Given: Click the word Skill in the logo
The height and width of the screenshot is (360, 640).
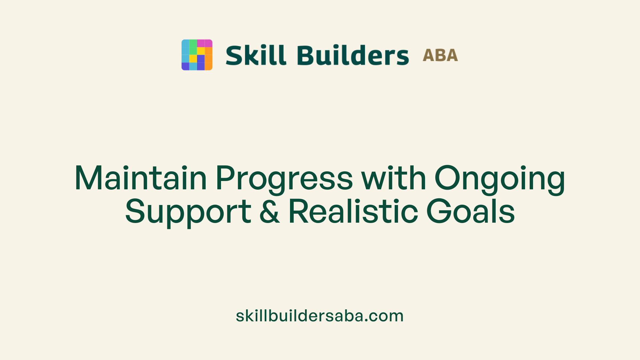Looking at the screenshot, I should [256, 55].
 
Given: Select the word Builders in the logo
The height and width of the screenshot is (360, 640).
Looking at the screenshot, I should [353, 55].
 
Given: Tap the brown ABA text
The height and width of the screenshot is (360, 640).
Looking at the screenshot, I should [440, 55].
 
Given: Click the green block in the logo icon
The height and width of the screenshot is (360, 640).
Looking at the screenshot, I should [193, 47].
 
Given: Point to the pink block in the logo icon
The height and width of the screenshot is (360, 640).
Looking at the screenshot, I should [204, 43].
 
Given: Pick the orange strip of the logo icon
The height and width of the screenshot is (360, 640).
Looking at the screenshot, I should [208, 59].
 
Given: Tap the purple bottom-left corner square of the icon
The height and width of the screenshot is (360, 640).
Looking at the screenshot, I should [185, 66].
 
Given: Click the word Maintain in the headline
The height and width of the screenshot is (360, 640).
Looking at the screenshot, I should [140, 178].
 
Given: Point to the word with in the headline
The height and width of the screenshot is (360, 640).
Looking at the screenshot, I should [394, 178].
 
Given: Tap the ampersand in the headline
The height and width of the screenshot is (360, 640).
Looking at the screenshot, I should [269, 211].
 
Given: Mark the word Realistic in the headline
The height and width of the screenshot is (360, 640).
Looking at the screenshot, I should [353, 211].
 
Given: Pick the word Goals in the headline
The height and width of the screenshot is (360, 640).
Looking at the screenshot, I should [470, 211].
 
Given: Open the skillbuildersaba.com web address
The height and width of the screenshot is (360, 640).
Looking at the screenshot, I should [320, 316].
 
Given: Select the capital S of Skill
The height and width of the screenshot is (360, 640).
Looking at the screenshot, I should [234, 55].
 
